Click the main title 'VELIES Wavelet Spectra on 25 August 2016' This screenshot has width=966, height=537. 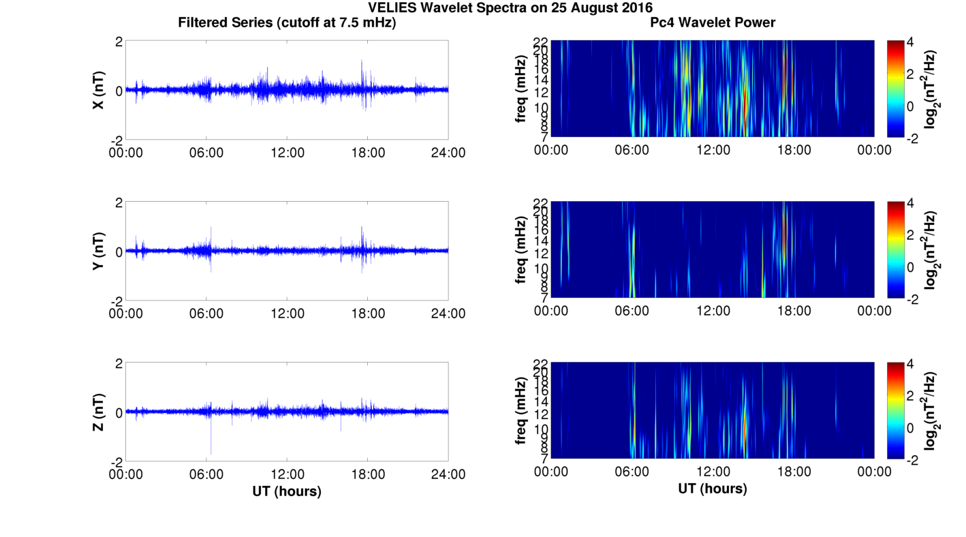pyautogui.click(x=510, y=7)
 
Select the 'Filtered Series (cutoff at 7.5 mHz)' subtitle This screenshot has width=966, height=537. pyautogui.click(x=287, y=22)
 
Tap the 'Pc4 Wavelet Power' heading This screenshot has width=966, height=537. pyautogui.click(x=713, y=22)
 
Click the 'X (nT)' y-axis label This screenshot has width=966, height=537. pyautogui.click(x=98, y=91)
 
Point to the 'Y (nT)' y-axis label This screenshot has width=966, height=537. pyautogui.click(x=98, y=251)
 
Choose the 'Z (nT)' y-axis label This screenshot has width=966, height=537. pyautogui.click(x=98, y=412)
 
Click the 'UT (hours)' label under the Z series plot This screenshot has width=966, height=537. pyautogui.click(x=287, y=491)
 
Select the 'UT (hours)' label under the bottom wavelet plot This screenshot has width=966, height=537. pyautogui.click(x=713, y=489)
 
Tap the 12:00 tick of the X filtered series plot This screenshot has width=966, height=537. pyautogui.click(x=287, y=152)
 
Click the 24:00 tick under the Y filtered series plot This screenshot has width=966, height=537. pyautogui.click(x=448, y=313)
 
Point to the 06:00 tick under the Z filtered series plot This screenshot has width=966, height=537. pyautogui.click(x=206, y=474)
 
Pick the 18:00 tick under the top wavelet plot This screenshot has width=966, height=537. pyautogui.click(x=794, y=150)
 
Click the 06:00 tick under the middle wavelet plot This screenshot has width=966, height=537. pyautogui.click(x=632, y=311)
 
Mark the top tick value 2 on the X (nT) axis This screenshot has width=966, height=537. pyautogui.click(x=119, y=42)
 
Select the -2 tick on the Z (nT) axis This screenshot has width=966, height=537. pyautogui.click(x=115, y=461)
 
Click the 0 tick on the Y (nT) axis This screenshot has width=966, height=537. pyautogui.click(x=119, y=251)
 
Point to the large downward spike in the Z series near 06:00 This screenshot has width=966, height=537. pyautogui.click(x=211, y=443)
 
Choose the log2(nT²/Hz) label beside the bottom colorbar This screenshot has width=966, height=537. pyautogui.click(x=930, y=411)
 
